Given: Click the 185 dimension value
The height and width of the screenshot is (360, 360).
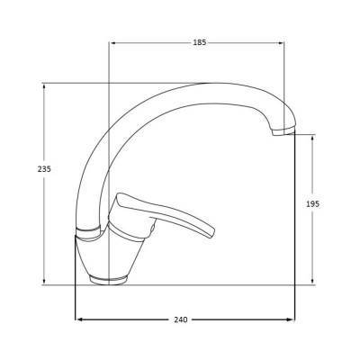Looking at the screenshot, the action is [x=200, y=42].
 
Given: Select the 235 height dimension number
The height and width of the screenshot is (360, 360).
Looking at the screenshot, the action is [x=44, y=169].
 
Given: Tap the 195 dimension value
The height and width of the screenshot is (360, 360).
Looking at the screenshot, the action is [x=313, y=204].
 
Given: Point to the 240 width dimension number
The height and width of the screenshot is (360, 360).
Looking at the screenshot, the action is [x=181, y=319].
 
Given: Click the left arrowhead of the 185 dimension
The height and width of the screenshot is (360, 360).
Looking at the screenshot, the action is [x=113, y=43].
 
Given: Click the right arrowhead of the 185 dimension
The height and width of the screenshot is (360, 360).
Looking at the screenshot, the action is [x=281, y=43].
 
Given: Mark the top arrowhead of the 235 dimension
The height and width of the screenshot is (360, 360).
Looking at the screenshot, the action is [x=44, y=86].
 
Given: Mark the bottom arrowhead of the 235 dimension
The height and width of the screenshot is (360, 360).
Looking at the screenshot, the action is [x=44, y=281].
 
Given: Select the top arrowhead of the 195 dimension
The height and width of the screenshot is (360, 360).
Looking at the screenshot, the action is [x=313, y=138].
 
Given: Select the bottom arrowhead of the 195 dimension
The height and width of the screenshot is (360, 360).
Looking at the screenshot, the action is [x=313, y=281].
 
